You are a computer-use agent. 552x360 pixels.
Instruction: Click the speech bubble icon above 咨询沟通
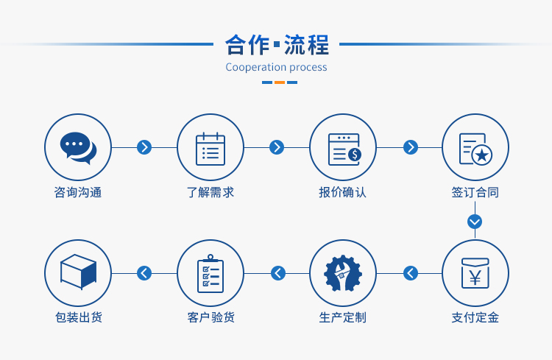[78, 148]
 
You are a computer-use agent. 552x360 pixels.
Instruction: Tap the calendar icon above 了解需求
[210, 149]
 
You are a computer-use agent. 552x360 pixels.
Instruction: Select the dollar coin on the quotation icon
[355, 155]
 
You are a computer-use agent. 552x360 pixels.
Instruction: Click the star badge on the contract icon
[481, 155]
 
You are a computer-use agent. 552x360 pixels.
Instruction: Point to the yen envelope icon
[475, 273]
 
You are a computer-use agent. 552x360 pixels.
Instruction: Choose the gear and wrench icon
[343, 273]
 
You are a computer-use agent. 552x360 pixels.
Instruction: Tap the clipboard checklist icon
[210, 273]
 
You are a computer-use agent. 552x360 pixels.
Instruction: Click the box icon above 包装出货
[78, 272]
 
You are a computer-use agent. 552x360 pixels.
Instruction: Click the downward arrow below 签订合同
[475, 222]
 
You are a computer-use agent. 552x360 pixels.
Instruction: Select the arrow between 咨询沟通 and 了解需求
[144, 147]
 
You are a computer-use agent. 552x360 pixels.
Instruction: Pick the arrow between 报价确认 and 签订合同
[411, 147]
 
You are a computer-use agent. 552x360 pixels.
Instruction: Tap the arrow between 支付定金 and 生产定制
[411, 273]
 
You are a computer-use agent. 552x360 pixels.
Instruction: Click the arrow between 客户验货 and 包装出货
[144, 273]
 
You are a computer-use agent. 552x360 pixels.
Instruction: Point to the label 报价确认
[342, 192]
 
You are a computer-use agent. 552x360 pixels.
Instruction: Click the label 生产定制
[342, 317]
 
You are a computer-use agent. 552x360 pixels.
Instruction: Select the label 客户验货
[211, 317]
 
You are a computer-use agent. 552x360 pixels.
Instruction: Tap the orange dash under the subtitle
[280, 82]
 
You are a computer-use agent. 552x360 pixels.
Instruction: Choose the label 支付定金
[475, 317]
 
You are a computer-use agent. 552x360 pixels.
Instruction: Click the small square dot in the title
[277, 44]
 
